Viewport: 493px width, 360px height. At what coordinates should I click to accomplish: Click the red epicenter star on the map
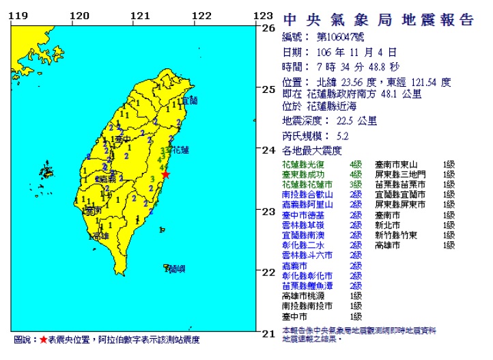[x=165, y=175]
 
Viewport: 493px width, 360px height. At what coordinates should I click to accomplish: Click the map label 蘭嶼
[x=176, y=268]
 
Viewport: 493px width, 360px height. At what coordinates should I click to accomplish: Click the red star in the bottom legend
[x=43, y=340]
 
